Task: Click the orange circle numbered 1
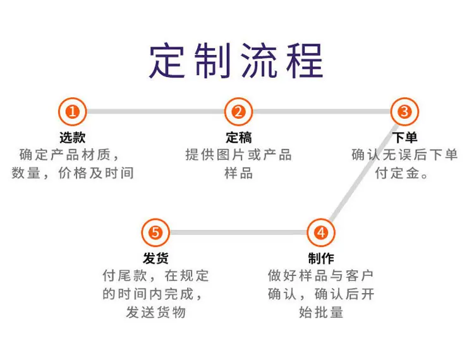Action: (73, 112)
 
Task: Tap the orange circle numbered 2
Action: (238, 112)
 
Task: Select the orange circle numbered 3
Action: (404, 112)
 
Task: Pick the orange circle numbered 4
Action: (321, 232)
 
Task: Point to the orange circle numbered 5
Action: (155, 232)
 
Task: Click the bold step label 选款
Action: (73, 138)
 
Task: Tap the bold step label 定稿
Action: (238, 138)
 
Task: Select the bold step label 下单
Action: (404, 138)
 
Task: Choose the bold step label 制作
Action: (321, 258)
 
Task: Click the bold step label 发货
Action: (155, 258)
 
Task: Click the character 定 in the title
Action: (167, 61)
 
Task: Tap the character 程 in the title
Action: (305, 61)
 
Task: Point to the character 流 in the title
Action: (258, 61)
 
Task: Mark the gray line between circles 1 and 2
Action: (155, 112)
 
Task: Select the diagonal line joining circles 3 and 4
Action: (363, 172)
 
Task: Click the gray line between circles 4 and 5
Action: (238, 232)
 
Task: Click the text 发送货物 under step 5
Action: (155, 312)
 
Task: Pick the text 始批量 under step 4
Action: (321, 312)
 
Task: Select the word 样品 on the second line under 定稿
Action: (238, 173)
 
